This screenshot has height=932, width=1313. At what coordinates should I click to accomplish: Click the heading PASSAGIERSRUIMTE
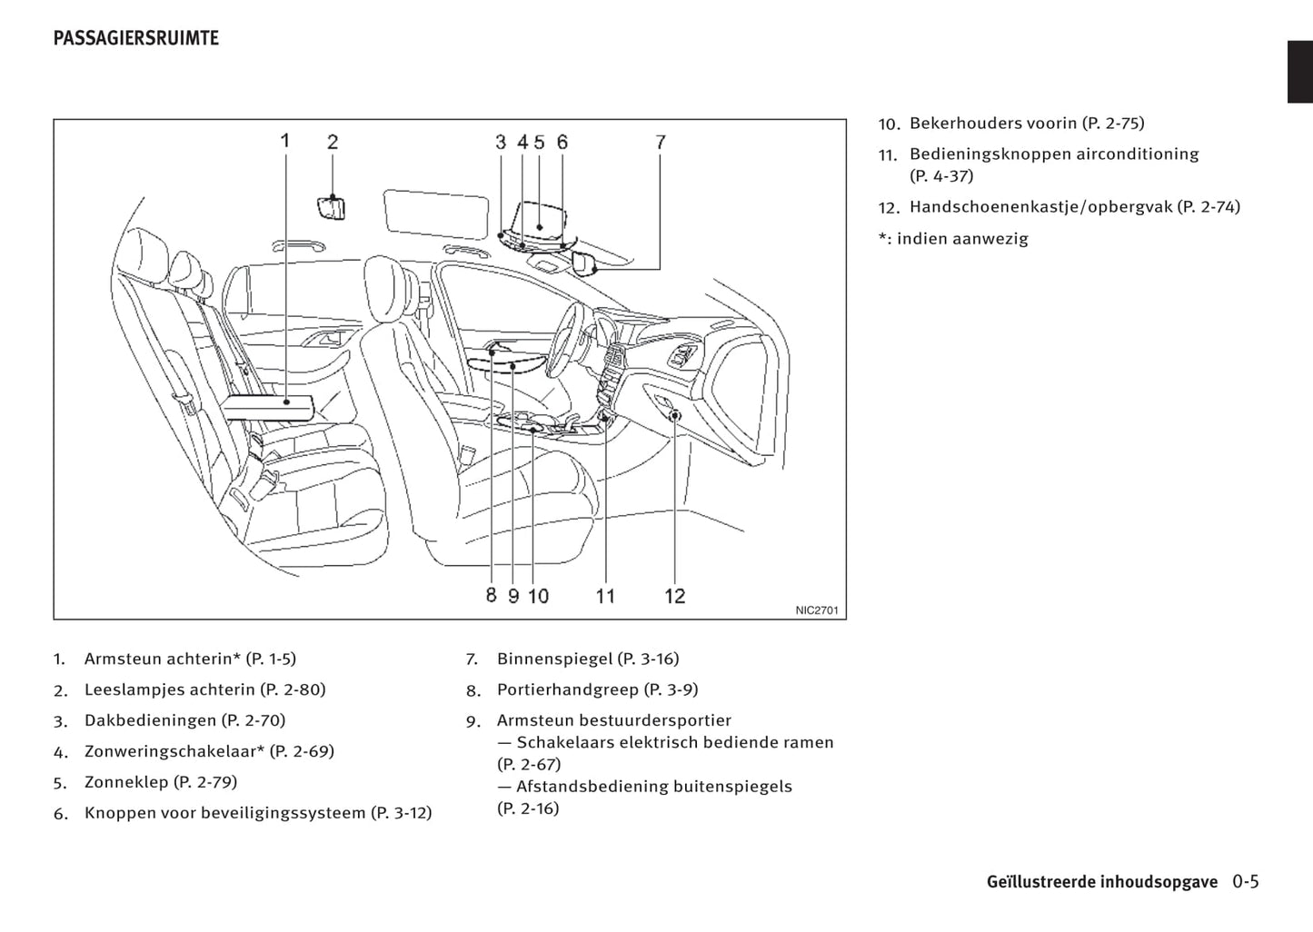pos(135,38)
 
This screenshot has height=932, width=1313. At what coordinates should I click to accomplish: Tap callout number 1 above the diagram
pos(284,141)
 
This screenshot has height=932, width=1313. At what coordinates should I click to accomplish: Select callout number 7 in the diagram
pos(661,142)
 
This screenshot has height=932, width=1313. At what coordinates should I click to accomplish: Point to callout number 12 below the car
pos(674,596)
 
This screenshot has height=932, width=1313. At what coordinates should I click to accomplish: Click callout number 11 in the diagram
pos(605,596)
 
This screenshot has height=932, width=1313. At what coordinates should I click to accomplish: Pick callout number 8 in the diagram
pos(491,595)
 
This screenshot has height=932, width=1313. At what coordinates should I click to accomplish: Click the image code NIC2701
pos(817,610)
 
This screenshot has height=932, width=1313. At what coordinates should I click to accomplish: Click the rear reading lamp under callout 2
pos(332,207)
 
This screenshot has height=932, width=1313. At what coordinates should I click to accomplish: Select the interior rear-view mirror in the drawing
pos(583,263)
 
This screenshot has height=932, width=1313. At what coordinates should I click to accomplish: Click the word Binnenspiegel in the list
pos(554,659)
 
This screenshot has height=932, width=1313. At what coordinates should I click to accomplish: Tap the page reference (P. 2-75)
pos(1113,123)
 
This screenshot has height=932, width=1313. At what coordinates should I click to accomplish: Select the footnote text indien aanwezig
pos(962,239)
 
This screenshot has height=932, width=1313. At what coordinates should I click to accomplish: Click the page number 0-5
pos(1246,881)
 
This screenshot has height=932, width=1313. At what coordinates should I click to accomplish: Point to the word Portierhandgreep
pos(567,689)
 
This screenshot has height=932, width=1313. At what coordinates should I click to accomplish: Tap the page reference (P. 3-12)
pos(401,813)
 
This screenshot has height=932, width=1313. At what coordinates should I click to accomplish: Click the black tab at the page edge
pos(1299,72)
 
